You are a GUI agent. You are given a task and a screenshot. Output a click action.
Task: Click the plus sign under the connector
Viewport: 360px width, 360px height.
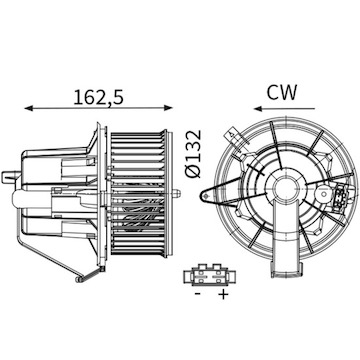[x=222, y=297]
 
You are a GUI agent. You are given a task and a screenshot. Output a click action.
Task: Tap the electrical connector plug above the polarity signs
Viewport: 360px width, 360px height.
[x=209, y=276]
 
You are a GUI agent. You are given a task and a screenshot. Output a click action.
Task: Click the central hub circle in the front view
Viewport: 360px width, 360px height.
[x=287, y=188]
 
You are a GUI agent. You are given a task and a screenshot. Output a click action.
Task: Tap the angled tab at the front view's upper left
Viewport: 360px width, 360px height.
[x=232, y=137]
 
